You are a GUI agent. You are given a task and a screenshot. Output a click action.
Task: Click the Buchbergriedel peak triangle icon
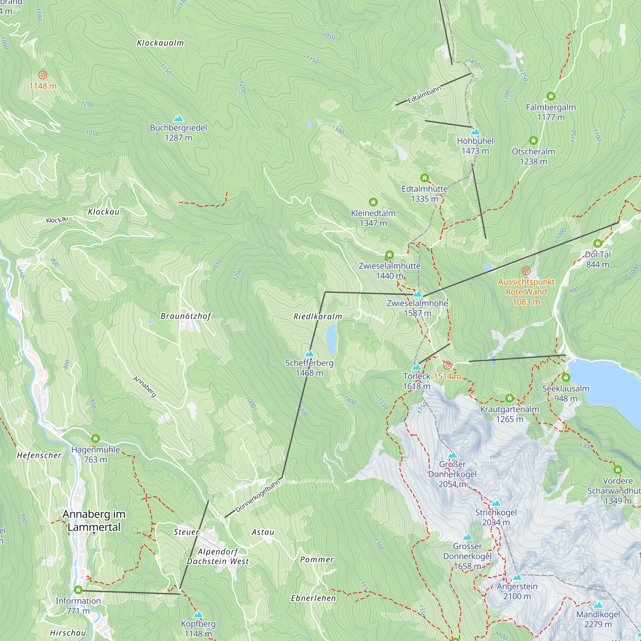click(179, 119)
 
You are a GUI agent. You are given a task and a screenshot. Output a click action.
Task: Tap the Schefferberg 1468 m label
click(309, 368)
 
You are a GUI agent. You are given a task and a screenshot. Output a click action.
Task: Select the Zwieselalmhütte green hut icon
click(389, 255)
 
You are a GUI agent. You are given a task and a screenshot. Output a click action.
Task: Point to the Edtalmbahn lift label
click(424, 95)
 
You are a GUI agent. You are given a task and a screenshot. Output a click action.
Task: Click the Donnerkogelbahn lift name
click(258, 496)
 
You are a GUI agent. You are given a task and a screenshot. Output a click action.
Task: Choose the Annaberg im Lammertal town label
click(94, 520)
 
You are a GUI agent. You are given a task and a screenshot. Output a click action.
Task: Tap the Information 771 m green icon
click(78, 590)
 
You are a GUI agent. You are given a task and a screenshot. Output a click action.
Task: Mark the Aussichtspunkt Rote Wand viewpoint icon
click(526, 271)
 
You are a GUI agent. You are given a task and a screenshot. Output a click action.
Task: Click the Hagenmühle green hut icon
click(96, 439)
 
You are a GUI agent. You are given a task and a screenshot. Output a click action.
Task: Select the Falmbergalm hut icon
click(551, 96)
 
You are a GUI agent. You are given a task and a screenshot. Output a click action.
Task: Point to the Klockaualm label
click(160, 43)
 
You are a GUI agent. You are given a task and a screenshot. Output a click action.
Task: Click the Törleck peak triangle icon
click(416, 367)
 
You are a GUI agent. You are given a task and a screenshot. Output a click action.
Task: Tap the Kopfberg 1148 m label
click(198, 629)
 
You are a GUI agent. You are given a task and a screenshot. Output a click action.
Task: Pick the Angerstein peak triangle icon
click(517, 577)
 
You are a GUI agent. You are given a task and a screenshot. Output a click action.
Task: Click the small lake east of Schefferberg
click(331, 336)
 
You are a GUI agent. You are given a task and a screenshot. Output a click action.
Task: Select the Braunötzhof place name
click(186, 316)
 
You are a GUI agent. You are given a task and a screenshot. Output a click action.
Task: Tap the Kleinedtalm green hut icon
click(373, 202)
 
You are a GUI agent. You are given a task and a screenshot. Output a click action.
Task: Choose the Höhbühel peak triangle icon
click(475, 132)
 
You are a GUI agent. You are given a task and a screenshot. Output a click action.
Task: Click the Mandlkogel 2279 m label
click(598, 619)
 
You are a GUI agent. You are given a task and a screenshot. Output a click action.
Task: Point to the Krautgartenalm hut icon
click(510, 398)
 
